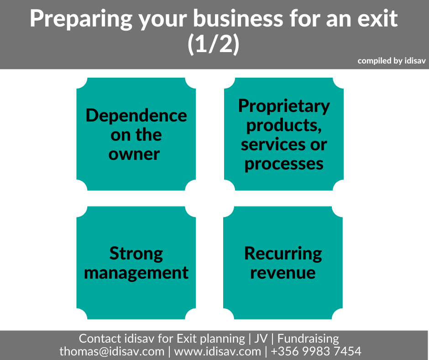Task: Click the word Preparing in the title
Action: click(x=81, y=19)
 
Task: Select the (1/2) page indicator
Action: click(x=214, y=44)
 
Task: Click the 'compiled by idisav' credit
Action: click(x=392, y=61)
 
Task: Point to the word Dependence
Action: click(x=136, y=116)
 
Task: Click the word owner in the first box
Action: click(x=134, y=154)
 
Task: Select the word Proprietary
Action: click(x=284, y=106)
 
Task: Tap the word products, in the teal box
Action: click(x=284, y=126)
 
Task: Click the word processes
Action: click(x=284, y=164)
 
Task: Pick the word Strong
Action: click(x=136, y=254)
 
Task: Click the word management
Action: click(x=136, y=273)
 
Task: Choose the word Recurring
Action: click(x=283, y=254)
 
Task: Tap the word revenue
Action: click(x=283, y=273)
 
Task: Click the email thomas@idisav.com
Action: click(x=112, y=351)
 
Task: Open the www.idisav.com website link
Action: click(x=218, y=351)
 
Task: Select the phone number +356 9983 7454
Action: click(x=316, y=351)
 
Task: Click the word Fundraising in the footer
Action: click(x=308, y=339)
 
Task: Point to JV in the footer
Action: click(x=261, y=339)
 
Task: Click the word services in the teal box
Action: click(x=273, y=145)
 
